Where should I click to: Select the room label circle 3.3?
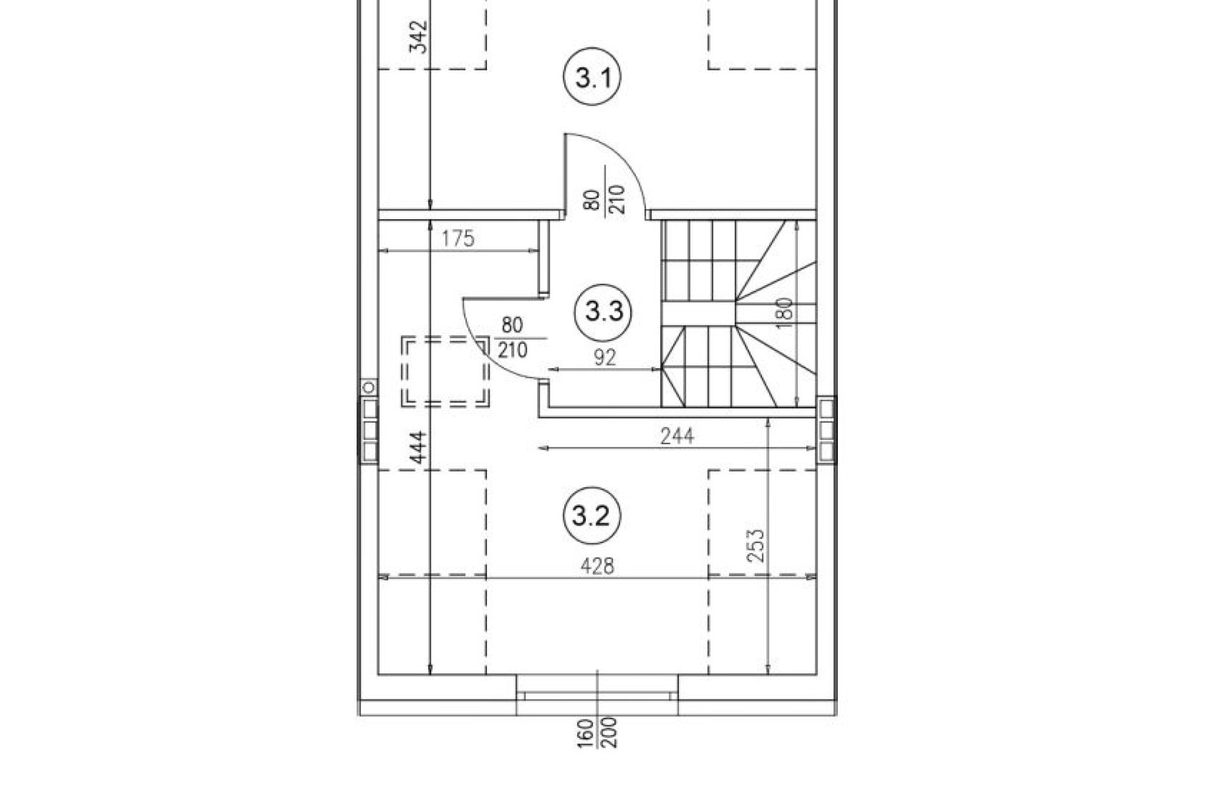[604, 312]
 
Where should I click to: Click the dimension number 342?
[420, 38]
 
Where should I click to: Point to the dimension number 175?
[458, 239]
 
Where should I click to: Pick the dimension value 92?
[605, 357]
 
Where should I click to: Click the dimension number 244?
[677, 436]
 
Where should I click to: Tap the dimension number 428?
[598, 566]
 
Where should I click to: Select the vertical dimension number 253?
[756, 546]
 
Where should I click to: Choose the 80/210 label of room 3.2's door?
[512, 337]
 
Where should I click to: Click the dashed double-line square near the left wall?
[445, 371]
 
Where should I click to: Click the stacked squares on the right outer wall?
[826, 428]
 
